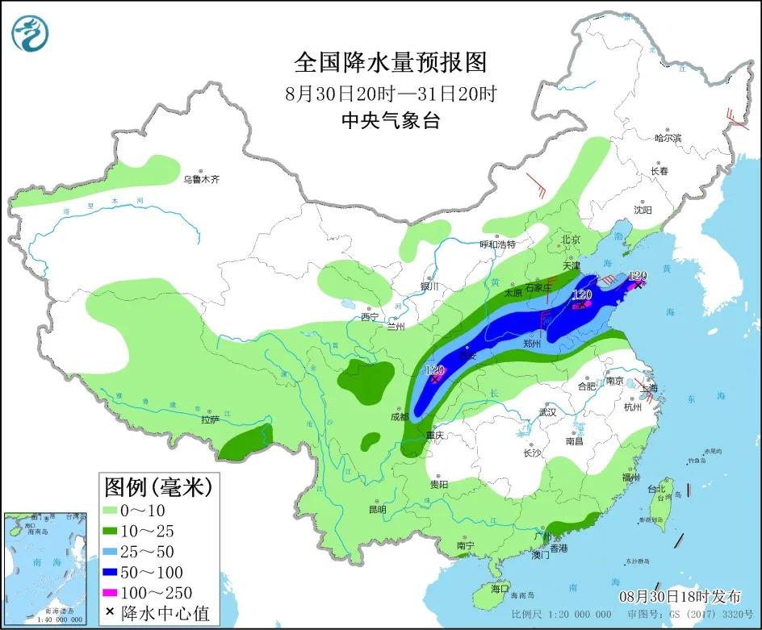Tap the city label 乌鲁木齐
tap(200, 179)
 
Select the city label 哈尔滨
tap(668, 139)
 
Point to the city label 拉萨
tap(210, 419)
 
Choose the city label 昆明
tap(377, 509)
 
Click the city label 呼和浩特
tap(496, 244)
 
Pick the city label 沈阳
tap(642, 210)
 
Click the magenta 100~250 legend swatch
tap(111, 594)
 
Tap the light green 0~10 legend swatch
tap(111, 510)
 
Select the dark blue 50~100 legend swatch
tap(111, 573)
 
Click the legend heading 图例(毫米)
tap(157, 486)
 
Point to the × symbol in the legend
tap(110, 613)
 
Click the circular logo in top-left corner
tap(31, 31)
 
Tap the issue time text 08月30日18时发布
tap(680, 597)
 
